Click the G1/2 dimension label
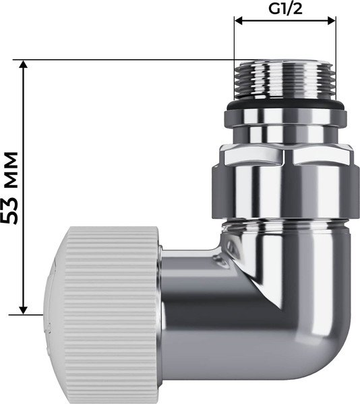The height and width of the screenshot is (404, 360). [285, 9]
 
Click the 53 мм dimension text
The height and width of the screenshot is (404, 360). [10, 188]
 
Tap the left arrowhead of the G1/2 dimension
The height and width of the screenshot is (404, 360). [239, 21]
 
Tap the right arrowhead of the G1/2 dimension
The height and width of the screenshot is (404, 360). [331, 21]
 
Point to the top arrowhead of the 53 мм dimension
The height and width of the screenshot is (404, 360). [24, 64]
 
